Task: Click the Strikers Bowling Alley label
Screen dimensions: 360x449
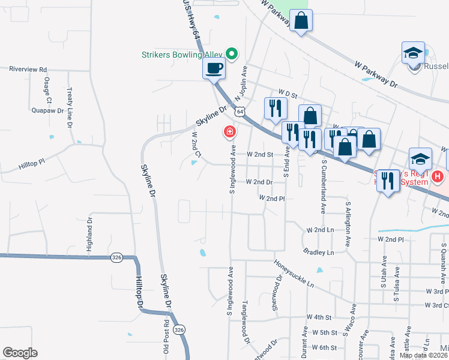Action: [181, 55]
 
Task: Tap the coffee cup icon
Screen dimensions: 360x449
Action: [213, 68]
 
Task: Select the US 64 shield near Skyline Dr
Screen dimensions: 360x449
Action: [240, 112]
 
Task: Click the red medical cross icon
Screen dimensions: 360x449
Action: [229, 131]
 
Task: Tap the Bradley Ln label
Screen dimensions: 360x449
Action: [318, 252]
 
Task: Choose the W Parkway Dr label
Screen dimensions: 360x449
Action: [376, 73]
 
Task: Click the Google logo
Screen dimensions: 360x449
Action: [20, 352]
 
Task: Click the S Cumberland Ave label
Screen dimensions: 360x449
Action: [323, 186]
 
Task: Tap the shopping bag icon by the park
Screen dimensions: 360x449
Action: [301, 22]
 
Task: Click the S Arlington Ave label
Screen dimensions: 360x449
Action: [347, 224]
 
